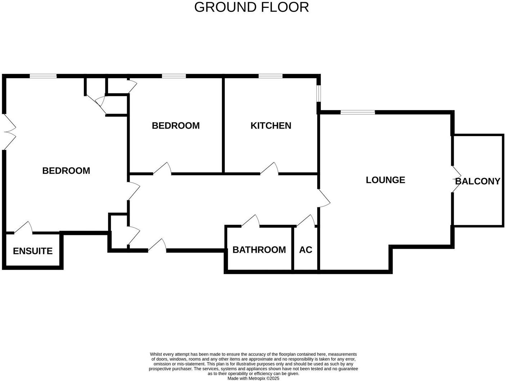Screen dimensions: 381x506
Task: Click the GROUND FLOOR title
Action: click(x=251, y=7)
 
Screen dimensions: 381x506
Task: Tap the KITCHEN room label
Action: click(x=271, y=126)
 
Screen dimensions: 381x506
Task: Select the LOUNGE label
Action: click(x=385, y=180)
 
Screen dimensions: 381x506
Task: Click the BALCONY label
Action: click(x=478, y=181)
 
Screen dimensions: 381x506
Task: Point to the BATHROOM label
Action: click(x=259, y=250)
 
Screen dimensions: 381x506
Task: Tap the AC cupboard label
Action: click(x=305, y=250)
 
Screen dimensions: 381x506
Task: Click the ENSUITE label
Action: click(x=33, y=251)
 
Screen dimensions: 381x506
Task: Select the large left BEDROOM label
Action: click(x=66, y=171)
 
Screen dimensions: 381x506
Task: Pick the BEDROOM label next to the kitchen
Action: click(x=176, y=126)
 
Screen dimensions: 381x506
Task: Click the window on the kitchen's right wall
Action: click(x=319, y=93)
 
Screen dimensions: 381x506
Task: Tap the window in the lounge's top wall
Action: click(x=358, y=112)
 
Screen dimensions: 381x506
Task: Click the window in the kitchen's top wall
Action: click(x=270, y=76)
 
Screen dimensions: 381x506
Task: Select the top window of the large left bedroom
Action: click(x=43, y=76)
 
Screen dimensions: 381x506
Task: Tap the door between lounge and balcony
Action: click(x=456, y=179)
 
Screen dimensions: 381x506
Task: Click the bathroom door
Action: click(x=251, y=221)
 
